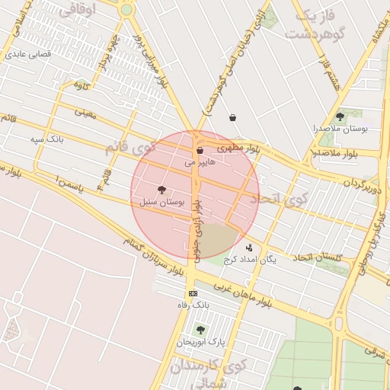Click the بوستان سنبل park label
pos(162,202)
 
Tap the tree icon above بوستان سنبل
pos(161,190)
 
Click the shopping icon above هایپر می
pos(200,151)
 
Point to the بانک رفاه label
pos(193,305)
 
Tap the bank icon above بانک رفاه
pos(193,293)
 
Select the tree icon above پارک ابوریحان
pos(200,330)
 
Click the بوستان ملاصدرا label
pos(340,129)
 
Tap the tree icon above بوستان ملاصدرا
pos(339,117)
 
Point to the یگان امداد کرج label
pos(250,259)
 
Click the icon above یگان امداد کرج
pos(249,248)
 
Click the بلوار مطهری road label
pos(238,148)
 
